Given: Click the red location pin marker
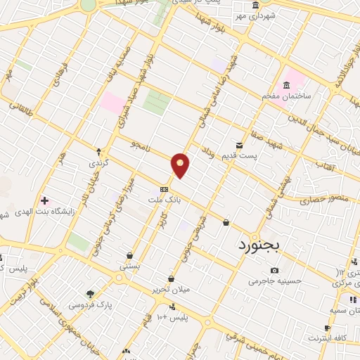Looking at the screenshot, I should click(x=181, y=165).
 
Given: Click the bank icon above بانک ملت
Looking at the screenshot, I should click(x=164, y=188).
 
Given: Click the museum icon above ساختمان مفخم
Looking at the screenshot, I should click(x=286, y=85).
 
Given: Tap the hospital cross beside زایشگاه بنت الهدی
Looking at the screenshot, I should click(x=44, y=200).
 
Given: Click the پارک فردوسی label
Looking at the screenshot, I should click(x=90, y=305).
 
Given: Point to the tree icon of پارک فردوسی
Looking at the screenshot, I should click(x=89, y=294).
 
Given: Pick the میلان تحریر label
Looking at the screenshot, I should click(x=171, y=289).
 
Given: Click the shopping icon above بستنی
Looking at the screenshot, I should click(x=130, y=255).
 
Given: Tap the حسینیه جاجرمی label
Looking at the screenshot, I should click(x=275, y=281).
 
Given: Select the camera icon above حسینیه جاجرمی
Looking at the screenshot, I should click(x=274, y=270).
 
